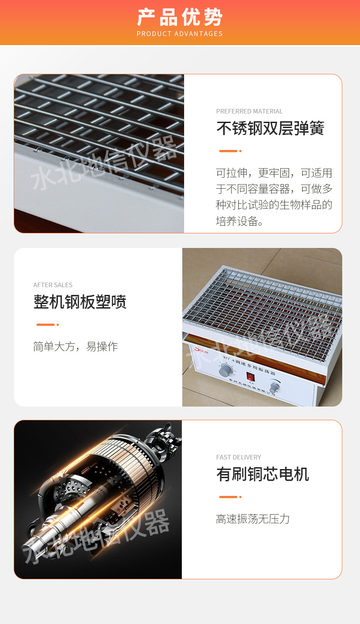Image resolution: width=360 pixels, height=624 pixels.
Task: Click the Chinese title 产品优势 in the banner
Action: point(180,17)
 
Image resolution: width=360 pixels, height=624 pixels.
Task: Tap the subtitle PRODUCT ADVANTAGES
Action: point(180,34)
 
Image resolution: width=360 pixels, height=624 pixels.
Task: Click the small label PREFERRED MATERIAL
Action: point(249,111)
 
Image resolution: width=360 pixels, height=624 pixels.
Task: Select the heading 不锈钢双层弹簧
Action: point(270,129)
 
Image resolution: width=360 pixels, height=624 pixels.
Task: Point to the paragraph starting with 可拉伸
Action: point(274,197)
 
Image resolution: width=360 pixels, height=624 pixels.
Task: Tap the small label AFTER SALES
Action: point(53,285)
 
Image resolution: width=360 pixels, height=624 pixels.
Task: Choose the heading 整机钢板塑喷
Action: point(80,302)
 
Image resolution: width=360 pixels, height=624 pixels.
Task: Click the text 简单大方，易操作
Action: point(75,346)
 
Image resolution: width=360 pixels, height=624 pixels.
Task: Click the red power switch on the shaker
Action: point(250,376)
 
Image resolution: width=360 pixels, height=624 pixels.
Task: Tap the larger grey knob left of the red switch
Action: point(225,371)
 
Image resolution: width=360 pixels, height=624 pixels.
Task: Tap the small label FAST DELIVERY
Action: point(238,457)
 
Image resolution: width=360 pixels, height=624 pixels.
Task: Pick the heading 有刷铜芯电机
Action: point(262,474)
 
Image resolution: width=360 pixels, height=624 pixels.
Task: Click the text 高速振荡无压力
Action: point(252,519)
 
